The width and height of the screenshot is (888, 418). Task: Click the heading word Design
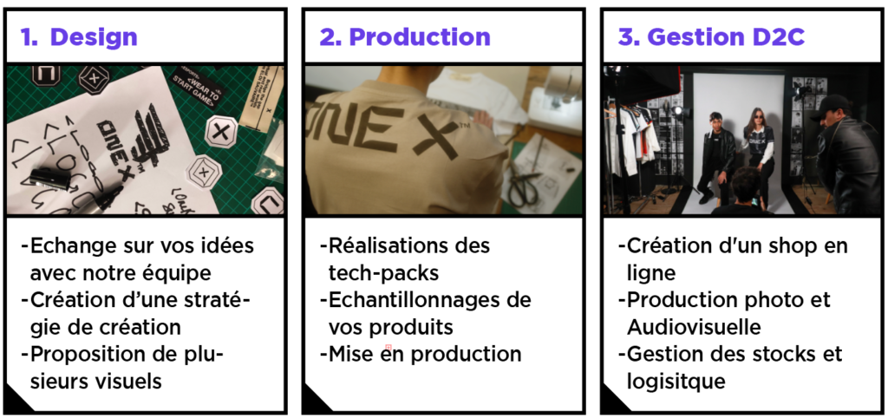pos(94,37)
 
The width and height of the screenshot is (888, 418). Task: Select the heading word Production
pos(420,37)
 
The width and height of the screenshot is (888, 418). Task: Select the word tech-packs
pos(383,273)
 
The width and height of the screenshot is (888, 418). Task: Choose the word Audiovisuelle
pos(694,328)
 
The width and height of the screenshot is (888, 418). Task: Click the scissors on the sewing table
pos(524,185)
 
